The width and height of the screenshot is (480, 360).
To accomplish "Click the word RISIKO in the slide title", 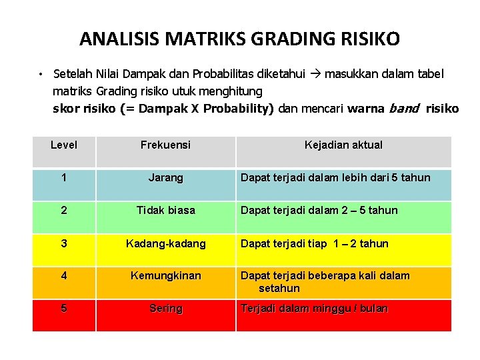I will tap(369, 39).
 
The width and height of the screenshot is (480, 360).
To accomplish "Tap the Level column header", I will tap(64, 145).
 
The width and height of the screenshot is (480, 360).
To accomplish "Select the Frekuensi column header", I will tap(165, 145).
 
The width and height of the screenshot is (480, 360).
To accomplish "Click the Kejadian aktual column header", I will tap(343, 145).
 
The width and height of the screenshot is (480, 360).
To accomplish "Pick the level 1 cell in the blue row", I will tap(63, 178).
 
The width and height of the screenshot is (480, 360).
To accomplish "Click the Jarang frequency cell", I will tap(165, 178).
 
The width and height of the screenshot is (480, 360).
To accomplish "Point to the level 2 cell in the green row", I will tap(63, 211).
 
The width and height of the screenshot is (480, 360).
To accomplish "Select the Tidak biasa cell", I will tap(165, 211).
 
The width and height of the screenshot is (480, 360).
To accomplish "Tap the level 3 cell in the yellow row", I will tap(63, 243).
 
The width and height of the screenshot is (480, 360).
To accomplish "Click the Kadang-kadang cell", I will tap(165, 243).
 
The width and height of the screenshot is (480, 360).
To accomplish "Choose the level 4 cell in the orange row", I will tap(63, 275).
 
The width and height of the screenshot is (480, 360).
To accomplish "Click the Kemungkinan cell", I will tap(165, 275).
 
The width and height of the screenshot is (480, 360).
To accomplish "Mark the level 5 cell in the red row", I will tap(63, 309).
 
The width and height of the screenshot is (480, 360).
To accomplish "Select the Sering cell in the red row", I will tap(165, 309).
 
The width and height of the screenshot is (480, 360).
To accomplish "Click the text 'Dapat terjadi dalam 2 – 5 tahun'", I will tap(319, 211).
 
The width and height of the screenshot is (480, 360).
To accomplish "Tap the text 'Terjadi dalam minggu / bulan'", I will tap(314, 309).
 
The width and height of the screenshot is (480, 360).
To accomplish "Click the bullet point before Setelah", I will tap(41, 74).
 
